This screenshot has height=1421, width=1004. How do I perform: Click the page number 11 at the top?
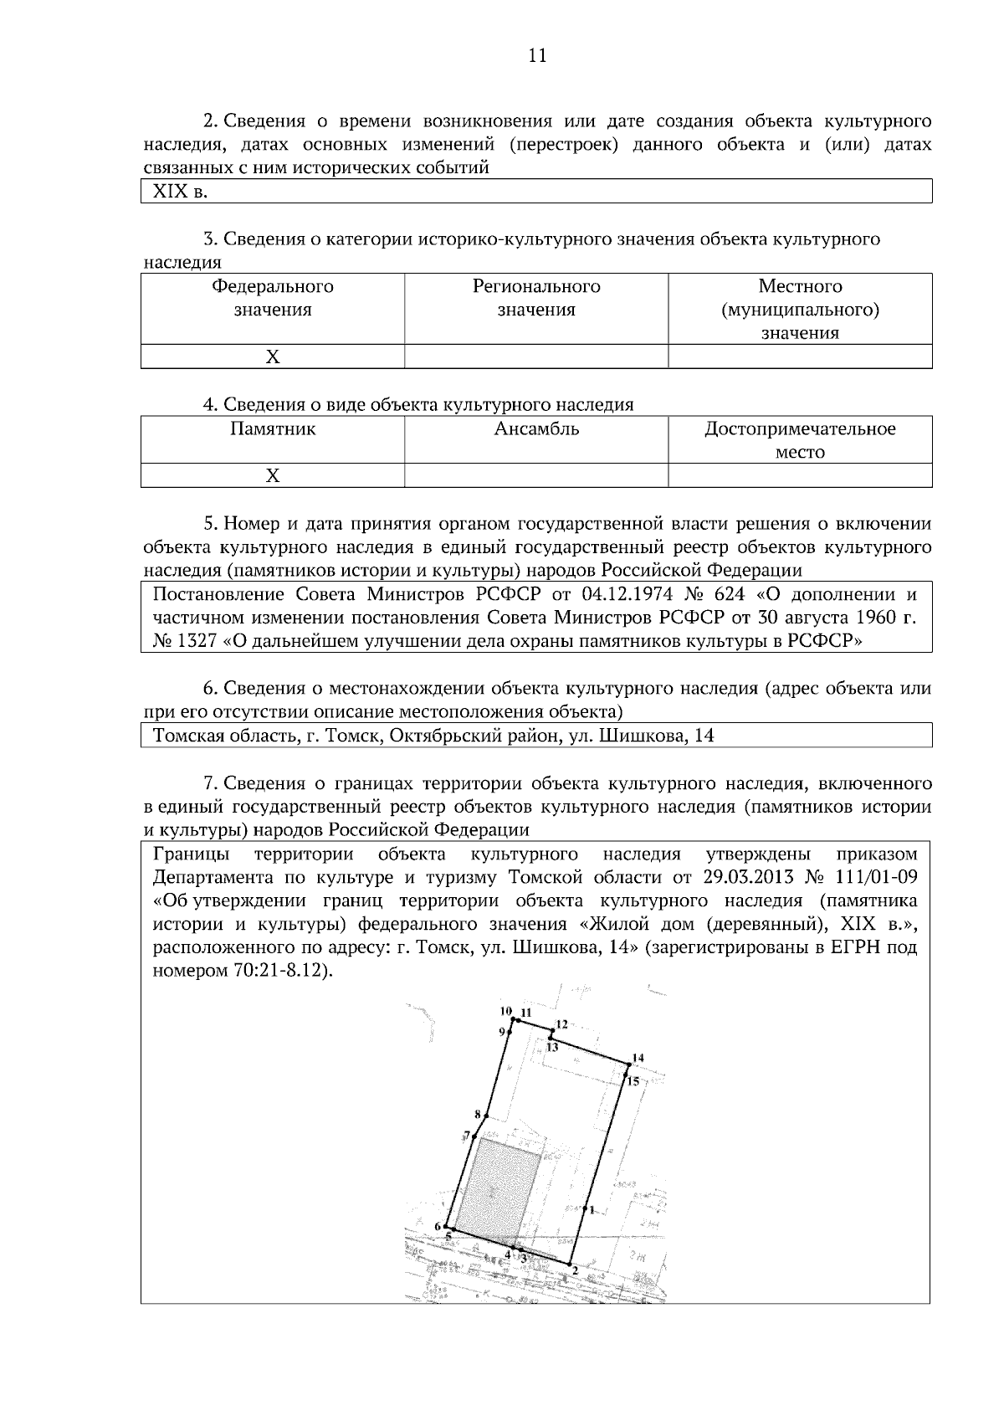537,55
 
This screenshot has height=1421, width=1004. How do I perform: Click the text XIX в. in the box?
179,192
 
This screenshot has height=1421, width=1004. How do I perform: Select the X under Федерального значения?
272,357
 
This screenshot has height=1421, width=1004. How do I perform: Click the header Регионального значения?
536,298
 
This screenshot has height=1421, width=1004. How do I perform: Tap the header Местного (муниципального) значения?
800,310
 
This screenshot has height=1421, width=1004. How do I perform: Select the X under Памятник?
272,476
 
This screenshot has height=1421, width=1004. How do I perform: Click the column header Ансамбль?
536,429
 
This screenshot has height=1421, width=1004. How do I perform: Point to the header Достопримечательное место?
800,440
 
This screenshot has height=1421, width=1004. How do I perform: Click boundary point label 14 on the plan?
638,1058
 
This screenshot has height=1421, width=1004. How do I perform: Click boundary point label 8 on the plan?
478,1114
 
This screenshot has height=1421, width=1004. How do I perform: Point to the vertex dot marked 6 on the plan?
446,1228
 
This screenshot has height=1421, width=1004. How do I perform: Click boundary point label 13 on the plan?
553,1047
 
